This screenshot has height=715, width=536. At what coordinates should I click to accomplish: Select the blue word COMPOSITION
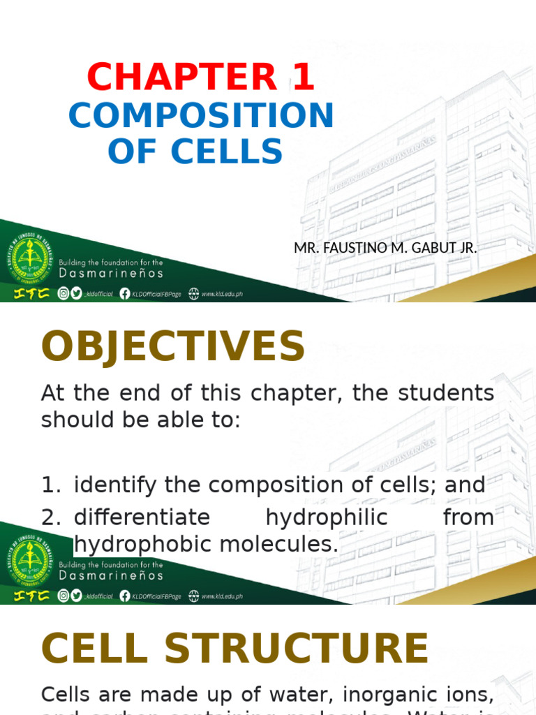tap(201, 116)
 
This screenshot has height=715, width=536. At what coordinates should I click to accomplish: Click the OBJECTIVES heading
tap(173, 347)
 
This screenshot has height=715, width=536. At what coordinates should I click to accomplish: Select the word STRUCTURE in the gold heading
tap(296, 649)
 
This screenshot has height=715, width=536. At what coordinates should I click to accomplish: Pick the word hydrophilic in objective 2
tap(326, 517)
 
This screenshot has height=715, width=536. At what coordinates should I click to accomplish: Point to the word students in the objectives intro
tap(446, 392)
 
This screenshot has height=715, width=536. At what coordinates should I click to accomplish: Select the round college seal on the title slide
tap(29, 258)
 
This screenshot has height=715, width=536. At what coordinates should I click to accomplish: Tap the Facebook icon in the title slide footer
tap(125, 294)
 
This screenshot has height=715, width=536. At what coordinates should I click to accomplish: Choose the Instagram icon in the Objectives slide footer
tap(64, 596)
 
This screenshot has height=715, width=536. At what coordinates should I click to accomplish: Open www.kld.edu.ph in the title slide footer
tap(222, 295)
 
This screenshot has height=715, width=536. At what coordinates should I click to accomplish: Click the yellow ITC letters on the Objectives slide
tap(28, 596)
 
